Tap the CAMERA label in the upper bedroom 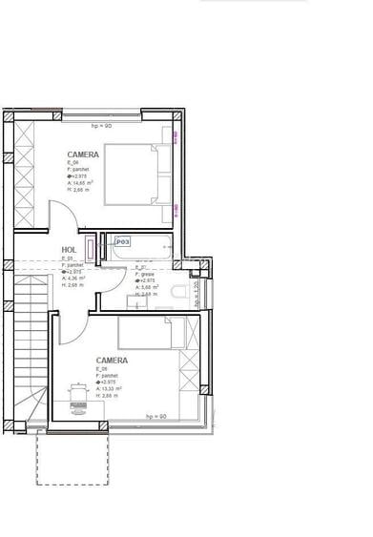click(x=83, y=154)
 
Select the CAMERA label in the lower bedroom click(x=112, y=361)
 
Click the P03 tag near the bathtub click(x=122, y=242)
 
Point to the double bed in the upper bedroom click(x=136, y=174)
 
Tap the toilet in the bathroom click(x=177, y=291)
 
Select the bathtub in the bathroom click(x=143, y=249)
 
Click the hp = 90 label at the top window click(x=103, y=125)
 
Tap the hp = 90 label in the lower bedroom click(x=155, y=417)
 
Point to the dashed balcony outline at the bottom click(x=72, y=458)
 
